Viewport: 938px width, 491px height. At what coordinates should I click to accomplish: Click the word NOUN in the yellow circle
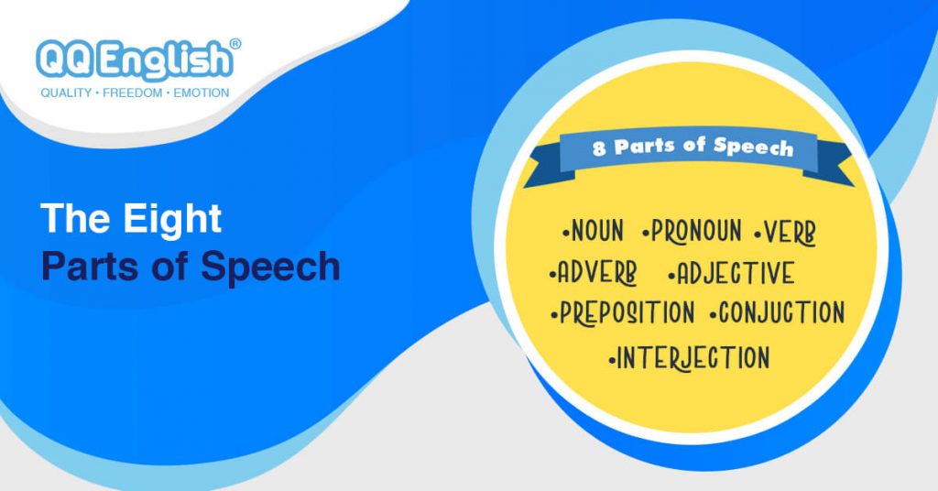597,232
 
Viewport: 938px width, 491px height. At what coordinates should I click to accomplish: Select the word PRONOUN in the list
696,232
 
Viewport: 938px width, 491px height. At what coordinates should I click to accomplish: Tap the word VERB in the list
790,233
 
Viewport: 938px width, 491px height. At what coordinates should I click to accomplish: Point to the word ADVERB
597,272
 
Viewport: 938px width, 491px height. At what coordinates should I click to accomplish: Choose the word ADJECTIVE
736,273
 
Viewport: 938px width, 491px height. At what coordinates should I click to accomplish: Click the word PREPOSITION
627,312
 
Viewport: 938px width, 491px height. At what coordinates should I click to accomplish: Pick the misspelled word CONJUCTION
781,312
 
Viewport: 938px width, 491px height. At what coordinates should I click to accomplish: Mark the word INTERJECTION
693,357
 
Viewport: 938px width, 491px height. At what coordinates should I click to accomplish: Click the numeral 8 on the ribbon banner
599,147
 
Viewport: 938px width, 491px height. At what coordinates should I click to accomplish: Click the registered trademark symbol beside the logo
235,45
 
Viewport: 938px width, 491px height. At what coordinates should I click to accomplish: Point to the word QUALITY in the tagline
66,93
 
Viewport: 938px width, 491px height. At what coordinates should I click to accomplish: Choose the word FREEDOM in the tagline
132,93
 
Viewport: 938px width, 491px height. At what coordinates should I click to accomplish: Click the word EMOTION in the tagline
201,93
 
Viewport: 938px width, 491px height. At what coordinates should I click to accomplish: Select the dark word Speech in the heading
270,267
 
